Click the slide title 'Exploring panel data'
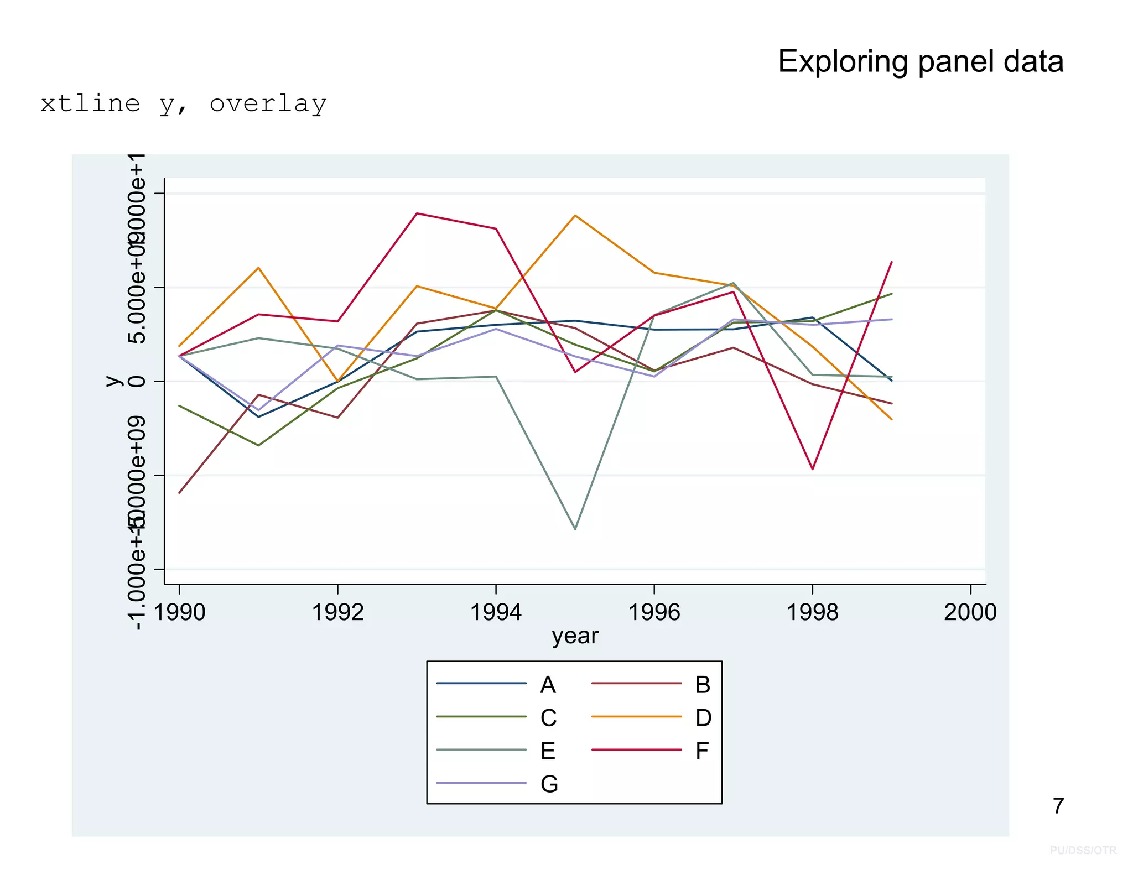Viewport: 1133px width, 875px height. [x=920, y=61]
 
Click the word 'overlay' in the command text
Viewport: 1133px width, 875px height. [x=268, y=104]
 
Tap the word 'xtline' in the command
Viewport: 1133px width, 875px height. [x=90, y=104]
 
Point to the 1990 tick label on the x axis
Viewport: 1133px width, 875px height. [x=179, y=612]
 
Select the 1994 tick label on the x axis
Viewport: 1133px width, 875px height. [x=496, y=612]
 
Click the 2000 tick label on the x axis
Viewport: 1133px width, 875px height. [x=970, y=612]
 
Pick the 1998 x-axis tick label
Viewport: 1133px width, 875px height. [x=812, y=612]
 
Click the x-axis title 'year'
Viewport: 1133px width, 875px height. [x=575, y=636]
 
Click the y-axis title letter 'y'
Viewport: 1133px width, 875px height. [x=113, y=381]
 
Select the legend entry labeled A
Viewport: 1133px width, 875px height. [x=548, y=685]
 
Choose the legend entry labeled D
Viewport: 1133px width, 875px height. [x=703, y=718]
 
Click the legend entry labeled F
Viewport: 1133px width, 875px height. [x=701, y=751]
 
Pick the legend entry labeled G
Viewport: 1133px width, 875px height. [x=549, y=784]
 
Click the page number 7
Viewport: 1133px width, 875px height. [x=1058, y=806]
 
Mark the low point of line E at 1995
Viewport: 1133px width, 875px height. [x=575, y=529]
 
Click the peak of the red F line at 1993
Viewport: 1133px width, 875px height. [x=417, y=213]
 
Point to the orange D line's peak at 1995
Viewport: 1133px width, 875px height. [x=575, y=216]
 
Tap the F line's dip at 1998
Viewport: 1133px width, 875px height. [x=812, y=469]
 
